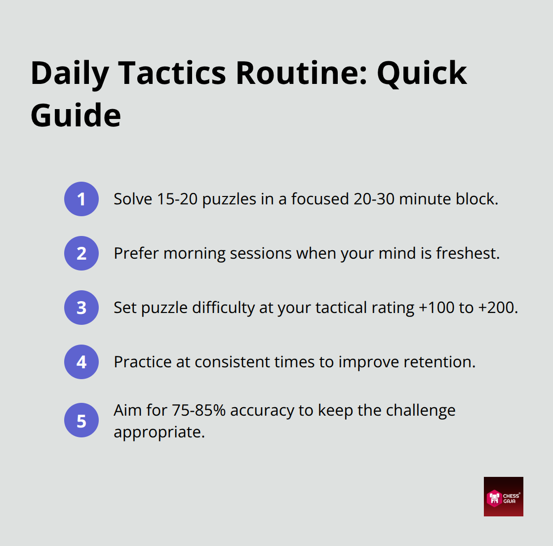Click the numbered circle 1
81,199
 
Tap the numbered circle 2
81,253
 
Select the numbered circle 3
81,308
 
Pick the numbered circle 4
81,362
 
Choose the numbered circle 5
81,421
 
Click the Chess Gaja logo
503,497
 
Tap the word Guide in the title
76,116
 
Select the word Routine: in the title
301,73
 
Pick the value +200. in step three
498,308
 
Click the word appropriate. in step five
159,432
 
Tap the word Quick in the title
422,73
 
